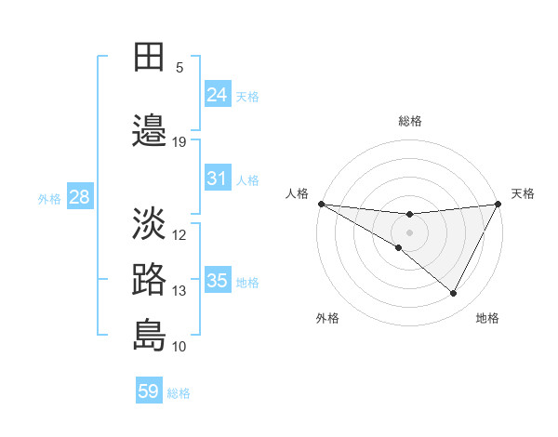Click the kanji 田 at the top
(x=150, y=57)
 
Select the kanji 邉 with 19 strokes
(x=150, y=131)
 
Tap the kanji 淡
(x=150, y=224)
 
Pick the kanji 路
(x=150, y=280)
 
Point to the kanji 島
(x=150, y=336)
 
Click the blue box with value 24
(x=218, y=94)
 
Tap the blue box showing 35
(x=218, y=280)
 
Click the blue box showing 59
(x=149, y=391)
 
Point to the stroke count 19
(x=179, y=142)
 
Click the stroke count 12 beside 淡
(x=179, y=235)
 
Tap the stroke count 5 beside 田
(x=179, y=68)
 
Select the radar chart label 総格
(x=409, y=121)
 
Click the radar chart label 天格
(x=524, y=193)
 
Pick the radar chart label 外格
(x=327, y=319)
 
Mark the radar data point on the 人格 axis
(x=322, y=204)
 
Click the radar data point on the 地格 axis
(x=454, y=294)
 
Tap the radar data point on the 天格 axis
(x=498, y=204)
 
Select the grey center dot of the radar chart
(x=409, y=232)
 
